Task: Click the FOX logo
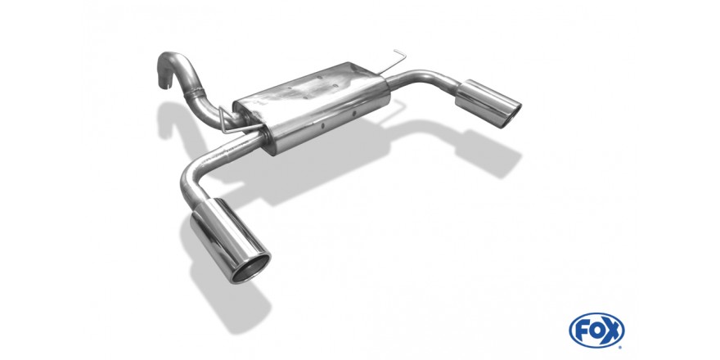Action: (x=596, y=331)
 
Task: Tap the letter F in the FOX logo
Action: (x=581, y=331)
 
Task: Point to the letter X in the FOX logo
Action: (x=612, y=331)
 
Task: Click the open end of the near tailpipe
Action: (x=250, y=268)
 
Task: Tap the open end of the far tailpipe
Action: (x=513, y=115)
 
